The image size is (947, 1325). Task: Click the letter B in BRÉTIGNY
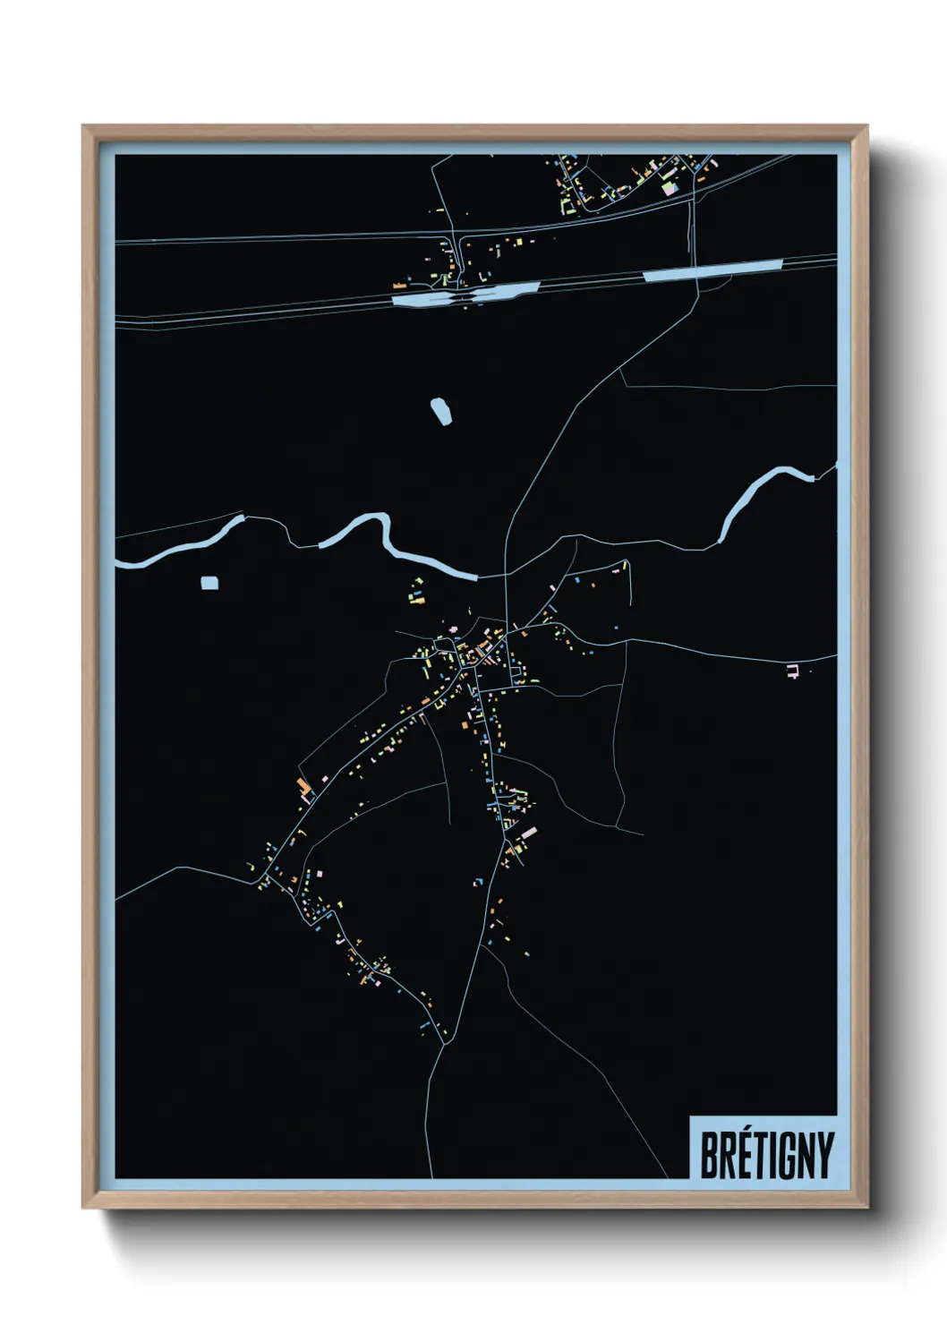point(710,1155)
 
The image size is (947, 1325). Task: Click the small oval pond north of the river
point(441,411)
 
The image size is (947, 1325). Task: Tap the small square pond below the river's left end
point(209,583)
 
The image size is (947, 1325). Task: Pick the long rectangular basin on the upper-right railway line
point(712,270)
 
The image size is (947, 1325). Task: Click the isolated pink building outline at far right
point(791,671)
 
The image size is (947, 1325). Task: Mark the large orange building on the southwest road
point(304,788)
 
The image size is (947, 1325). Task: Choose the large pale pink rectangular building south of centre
point(528,833)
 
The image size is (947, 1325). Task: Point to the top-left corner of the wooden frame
point(83,126)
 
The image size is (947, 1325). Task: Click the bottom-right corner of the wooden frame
point(867,1208)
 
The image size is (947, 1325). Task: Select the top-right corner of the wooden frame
point(867,126)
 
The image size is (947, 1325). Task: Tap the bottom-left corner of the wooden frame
point(83,1208)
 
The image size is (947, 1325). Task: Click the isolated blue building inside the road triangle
point(478,882)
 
